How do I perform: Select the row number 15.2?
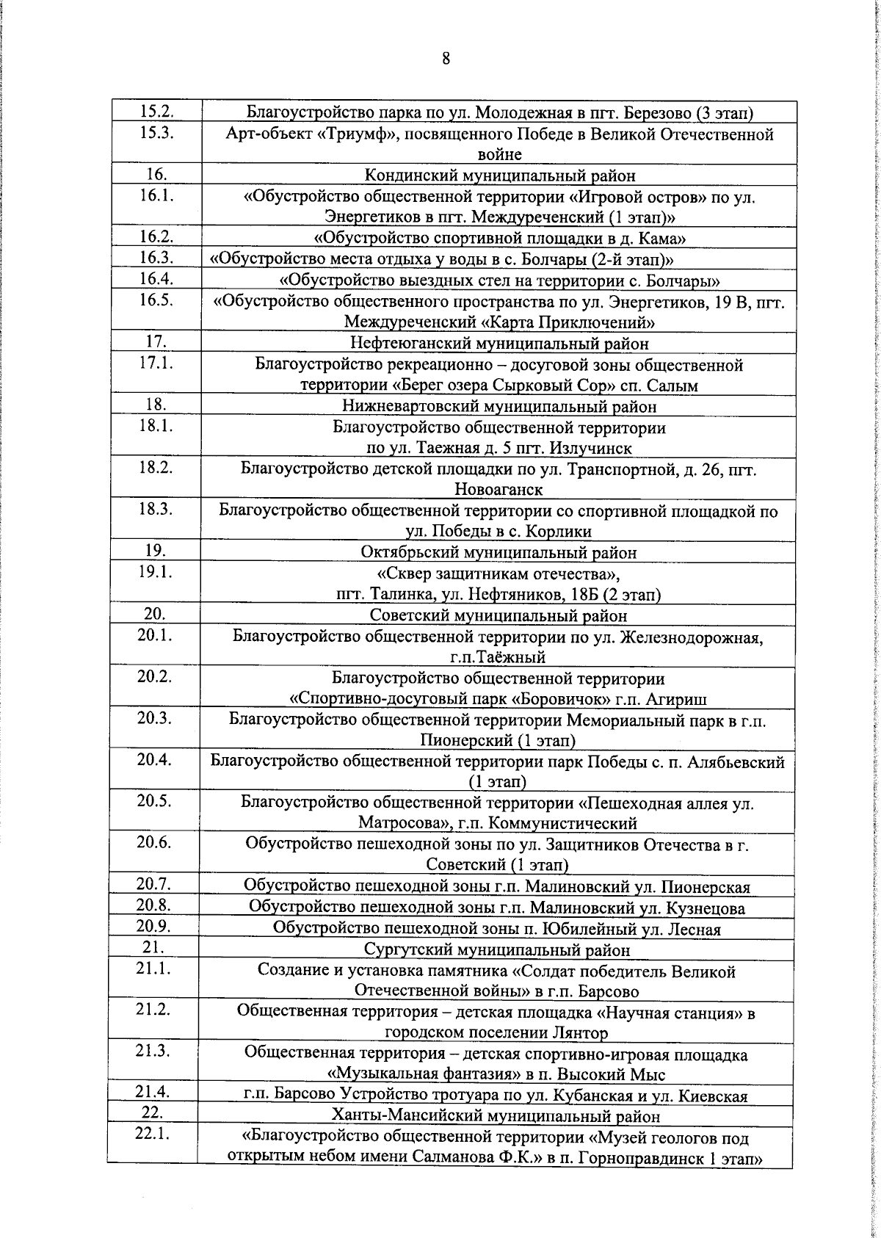[156, 112]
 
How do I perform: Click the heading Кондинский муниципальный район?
[500, 175]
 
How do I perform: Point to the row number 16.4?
[156, 278]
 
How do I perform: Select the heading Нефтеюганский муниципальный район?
[500, 343]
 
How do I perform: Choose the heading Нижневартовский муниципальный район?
[500, 405]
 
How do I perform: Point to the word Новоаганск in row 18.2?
[499, 489]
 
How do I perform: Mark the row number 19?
[156, 551]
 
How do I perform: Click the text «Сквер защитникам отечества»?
[499, 573]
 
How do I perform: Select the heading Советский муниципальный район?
[499, 615]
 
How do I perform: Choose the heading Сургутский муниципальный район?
[499, 950]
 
